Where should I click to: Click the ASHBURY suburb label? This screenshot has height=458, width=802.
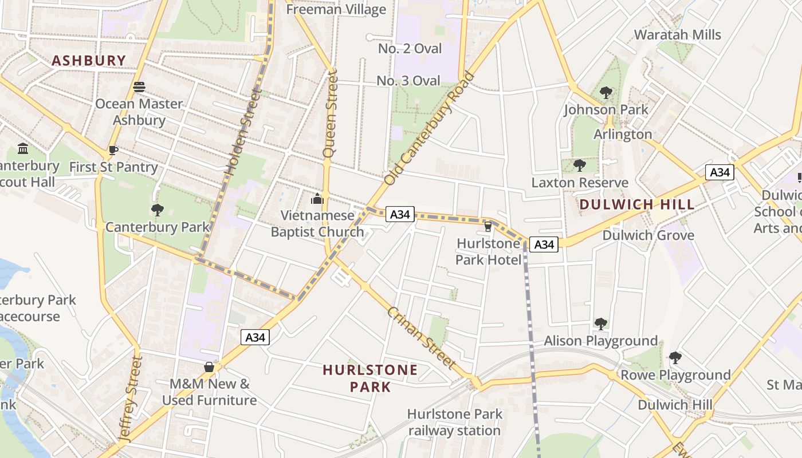tap(89, 60)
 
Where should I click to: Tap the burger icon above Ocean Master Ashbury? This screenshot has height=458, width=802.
tap(139, 87)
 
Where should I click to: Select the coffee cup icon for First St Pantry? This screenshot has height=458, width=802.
tap(113, 151)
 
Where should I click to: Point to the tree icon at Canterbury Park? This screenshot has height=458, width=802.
tap(158, 210)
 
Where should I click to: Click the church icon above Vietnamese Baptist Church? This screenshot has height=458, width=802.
tap(317, 199)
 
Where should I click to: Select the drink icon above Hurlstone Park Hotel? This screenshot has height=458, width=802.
tap(488, 227)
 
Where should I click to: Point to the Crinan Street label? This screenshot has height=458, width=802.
tap(422, 338)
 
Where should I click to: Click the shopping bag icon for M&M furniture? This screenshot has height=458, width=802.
tap(209, 367)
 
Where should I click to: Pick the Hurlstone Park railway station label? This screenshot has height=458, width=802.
tap(455, 422)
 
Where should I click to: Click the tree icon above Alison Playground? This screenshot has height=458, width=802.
tap(600, 324)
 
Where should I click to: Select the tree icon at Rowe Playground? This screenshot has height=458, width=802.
tap(675, 358)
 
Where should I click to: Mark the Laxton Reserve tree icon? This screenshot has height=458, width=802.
tap(579, 166)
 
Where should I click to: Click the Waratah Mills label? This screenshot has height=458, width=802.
tap(677, 34)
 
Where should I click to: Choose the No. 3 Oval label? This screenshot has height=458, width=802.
tap(408, 81)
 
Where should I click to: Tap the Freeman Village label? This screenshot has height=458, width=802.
tap(336, 9)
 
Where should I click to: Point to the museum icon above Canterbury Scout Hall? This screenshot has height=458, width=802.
tap(23, 149)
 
